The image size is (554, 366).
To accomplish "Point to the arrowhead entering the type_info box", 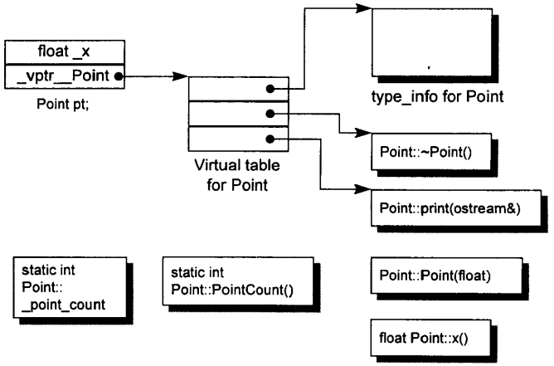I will click(x=363, y=9).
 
